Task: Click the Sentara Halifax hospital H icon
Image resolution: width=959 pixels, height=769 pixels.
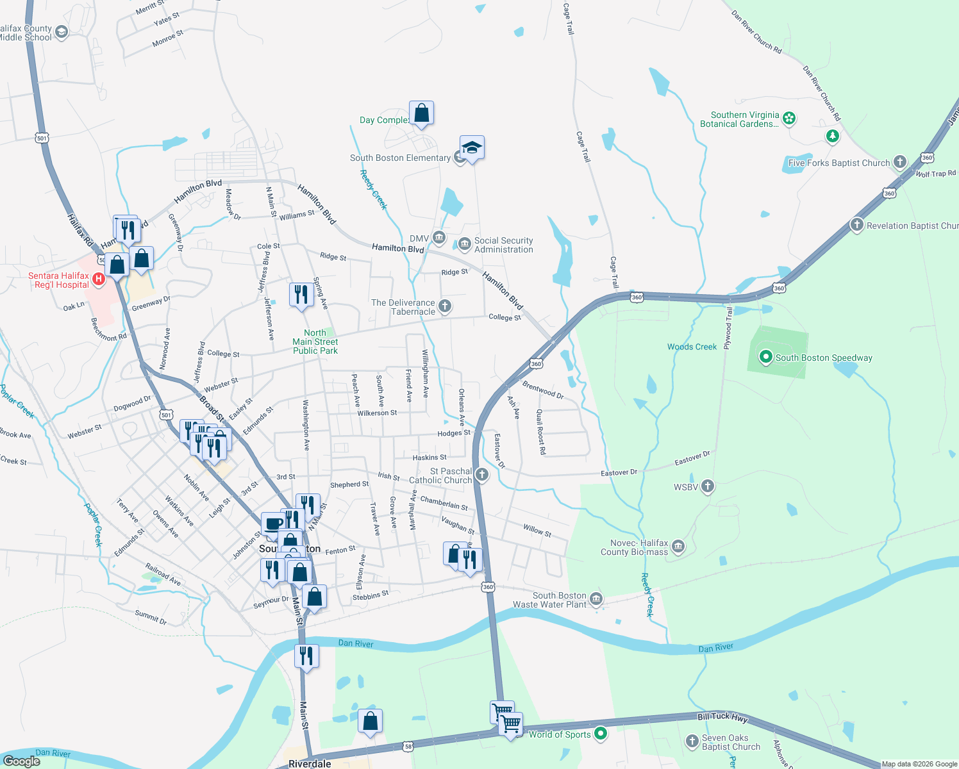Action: click(99, 279)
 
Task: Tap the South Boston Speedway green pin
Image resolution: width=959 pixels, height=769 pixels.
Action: click(765, 357)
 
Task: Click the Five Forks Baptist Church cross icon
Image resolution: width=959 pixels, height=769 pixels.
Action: click(900, 162)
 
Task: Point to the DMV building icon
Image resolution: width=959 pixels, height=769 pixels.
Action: click(439, 238)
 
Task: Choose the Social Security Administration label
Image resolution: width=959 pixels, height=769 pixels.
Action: click(503, 245)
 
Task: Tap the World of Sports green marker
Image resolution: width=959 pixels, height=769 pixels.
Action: click(601, 734)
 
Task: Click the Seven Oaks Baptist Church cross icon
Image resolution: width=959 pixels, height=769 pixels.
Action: click(692, 741)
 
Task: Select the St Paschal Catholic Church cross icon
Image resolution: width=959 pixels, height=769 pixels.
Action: click(482, 475)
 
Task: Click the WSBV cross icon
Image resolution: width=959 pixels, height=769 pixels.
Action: click(708, 486)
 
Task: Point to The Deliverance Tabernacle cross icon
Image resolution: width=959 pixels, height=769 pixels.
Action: click(445, 306)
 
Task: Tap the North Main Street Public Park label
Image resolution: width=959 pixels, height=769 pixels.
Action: click(315, 342)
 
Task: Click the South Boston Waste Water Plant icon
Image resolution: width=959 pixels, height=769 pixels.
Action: click(596, 599)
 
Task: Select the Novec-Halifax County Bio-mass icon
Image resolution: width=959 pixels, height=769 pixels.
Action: click(678, 547)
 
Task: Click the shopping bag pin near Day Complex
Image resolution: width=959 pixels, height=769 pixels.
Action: click(421, 113)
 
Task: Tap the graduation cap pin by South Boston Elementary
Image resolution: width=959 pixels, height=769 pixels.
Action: click(472, 148)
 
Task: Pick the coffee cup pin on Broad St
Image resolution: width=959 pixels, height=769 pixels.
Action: click(274, 524)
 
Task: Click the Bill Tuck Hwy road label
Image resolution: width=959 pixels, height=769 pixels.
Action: click(722, 716)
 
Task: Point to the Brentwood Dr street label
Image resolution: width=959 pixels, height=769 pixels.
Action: click(543, 390)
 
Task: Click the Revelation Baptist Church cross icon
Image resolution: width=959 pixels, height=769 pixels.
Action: click(857, 225)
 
